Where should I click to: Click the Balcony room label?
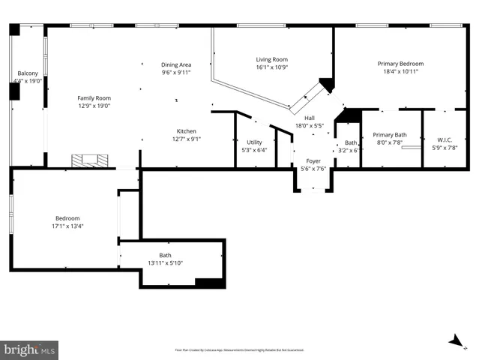point(28,73)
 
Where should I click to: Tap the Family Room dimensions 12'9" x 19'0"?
point(94,106)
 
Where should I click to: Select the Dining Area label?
point(176,64)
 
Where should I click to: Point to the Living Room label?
point(271,59)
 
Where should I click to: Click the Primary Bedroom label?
point(400,64)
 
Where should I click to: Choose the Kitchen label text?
point(187,130)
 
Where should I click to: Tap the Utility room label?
point(254,142)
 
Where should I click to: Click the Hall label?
point(310,118)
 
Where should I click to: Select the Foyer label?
point(313,160)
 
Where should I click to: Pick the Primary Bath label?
point(390,134)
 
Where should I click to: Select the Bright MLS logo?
point(30,349)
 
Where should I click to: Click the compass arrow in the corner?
point(455,341)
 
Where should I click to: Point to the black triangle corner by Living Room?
point(326,84)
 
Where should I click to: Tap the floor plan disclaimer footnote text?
point(238,349)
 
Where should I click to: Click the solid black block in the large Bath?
point(210,283)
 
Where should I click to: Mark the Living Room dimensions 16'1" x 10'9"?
point(271,67)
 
